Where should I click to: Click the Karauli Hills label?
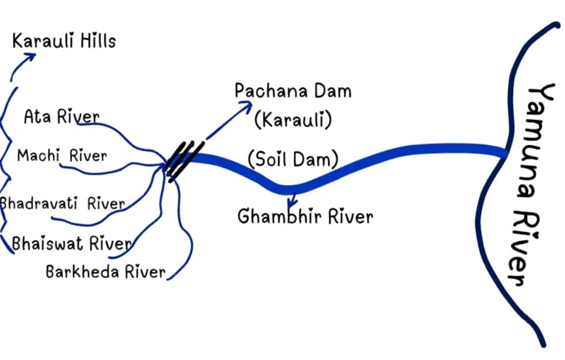tap(64, 42)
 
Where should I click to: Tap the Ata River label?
tap(62, 117)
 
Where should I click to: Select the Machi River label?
tap(62, 156)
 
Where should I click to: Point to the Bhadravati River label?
tap(62, 203)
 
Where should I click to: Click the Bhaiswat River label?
tap(72, 244)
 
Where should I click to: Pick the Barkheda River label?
tap(105, 271)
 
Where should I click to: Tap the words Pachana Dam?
tap(293, 91)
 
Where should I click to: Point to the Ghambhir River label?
tap(305, 216)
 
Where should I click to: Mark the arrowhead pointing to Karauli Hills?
tap(30, 56)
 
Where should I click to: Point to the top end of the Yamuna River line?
tap(555, 25)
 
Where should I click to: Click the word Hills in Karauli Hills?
tap(95, 42)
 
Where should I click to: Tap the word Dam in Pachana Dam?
tap(330, 91)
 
